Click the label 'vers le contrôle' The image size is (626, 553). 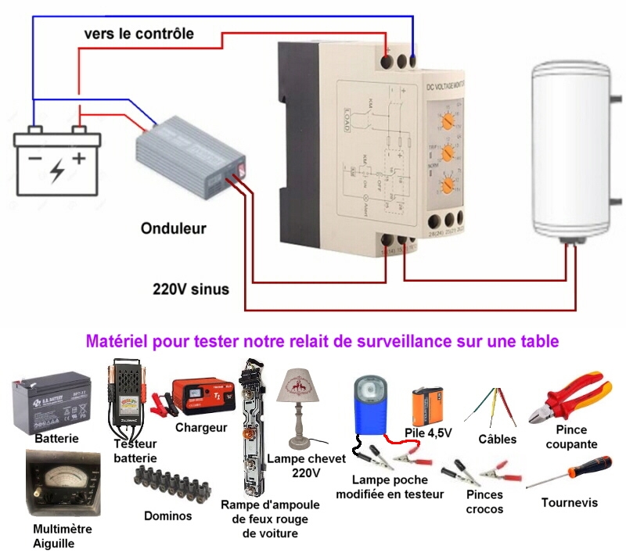click(139, 34)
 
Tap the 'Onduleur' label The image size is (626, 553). click(174, 229)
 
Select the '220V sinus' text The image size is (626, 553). click(191, 289)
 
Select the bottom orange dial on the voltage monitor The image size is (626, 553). click(448, 185)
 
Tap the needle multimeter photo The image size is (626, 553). click(62, 486)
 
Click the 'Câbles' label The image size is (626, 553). click(498, 439)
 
